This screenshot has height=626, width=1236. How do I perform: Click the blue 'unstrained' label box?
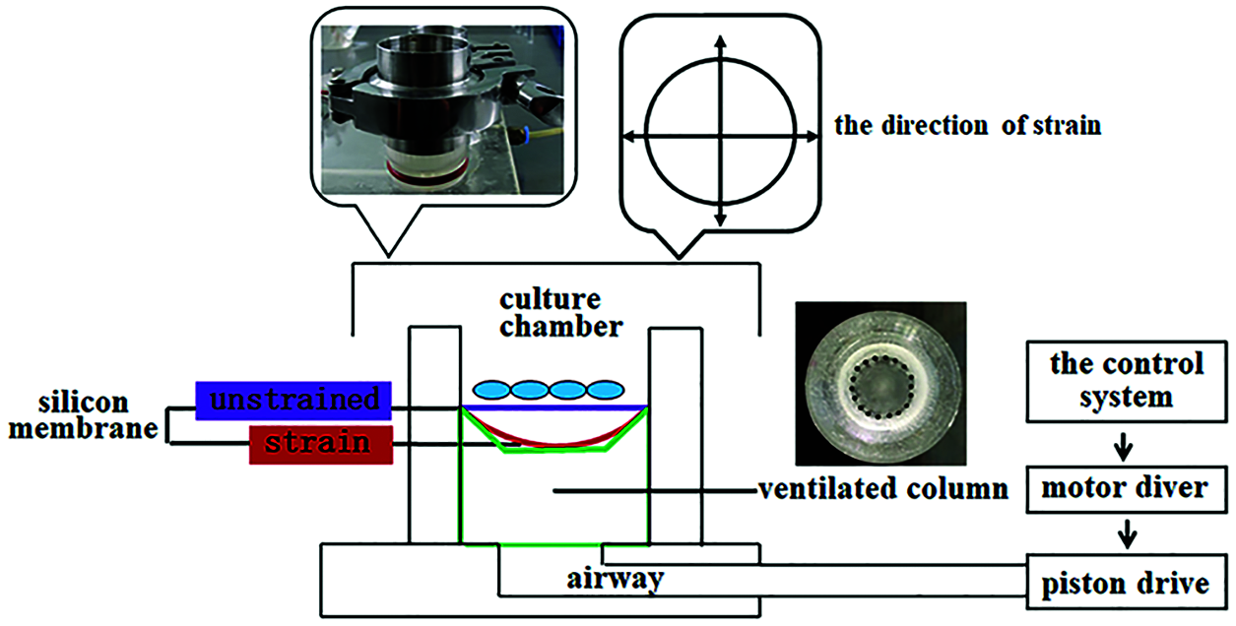pyautogui.click(x=293, y=401)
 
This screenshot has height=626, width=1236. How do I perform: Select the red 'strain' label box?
pyautogui.click(x=320, y=443)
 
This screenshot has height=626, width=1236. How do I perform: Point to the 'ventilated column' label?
pyautogui.click(x=882, y=489)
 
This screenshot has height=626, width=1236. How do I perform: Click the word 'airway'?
pyautogui.click(x=614, y=578)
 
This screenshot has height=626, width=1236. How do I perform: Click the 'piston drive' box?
pyautogui.click(x=1127, y=584)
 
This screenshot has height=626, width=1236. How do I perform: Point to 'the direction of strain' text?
pyautogui.click(x=967, y=126)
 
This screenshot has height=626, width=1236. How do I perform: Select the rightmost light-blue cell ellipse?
pyautogui.click(x=605, y=390)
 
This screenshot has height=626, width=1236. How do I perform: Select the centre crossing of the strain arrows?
pyautogui.click(x=720, y=135)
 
